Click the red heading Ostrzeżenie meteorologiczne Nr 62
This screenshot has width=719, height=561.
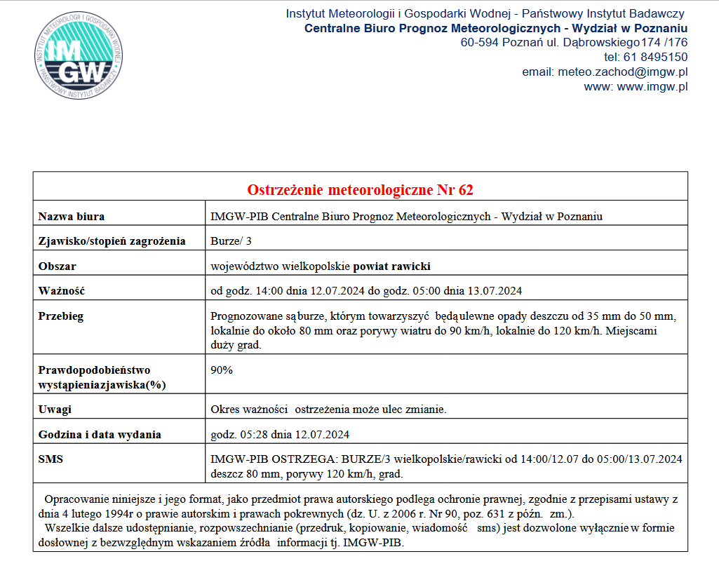360,190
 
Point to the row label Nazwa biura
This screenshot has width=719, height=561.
72,216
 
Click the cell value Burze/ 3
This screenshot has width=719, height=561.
231,241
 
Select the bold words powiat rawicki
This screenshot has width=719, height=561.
391,266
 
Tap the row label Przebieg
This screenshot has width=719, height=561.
61,316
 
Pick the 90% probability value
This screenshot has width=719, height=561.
222,370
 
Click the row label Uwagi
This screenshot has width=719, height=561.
55,409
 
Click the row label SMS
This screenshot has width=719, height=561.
50,459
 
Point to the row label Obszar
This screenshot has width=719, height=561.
57,266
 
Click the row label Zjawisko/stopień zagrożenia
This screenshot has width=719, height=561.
112,241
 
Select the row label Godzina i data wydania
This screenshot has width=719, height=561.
100,435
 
